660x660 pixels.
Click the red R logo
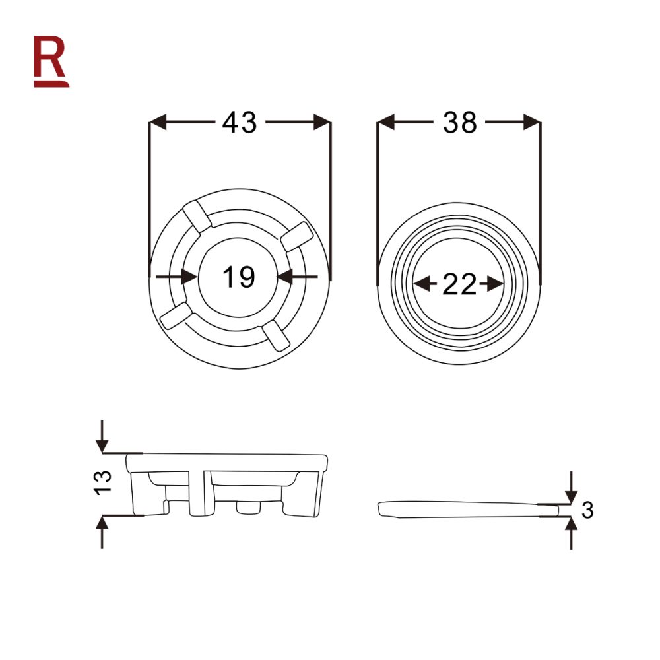[x=51, y=61]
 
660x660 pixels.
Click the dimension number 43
[x=239, y=123]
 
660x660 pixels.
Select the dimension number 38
[x=460, y=123]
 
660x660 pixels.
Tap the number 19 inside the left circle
[x=238, y=277]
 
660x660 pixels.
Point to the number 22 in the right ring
[x=459, y=284]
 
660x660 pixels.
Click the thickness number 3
[x=588, y=510]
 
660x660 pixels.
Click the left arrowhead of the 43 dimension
[x=158, y=122]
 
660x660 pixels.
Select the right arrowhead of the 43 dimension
[x=321, y=122]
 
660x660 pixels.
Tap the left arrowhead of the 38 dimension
[x=385, y=122]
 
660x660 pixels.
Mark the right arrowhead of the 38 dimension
[x=532, y=122]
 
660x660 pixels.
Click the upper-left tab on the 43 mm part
[x=196, y=216]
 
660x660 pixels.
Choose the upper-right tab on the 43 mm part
[x=296, y=236]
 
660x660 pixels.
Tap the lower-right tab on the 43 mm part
[x=275, y=335]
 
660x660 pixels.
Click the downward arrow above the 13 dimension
[x=102, y=441]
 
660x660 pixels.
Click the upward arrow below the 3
[x=571, y=528]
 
